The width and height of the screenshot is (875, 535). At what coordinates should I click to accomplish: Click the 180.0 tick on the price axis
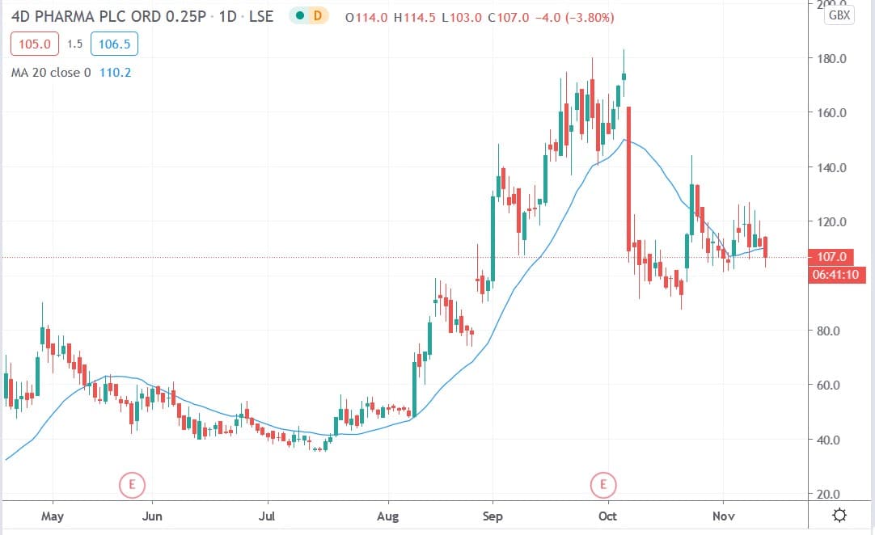coord(833,59)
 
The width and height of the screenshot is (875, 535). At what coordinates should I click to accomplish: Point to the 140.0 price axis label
coord(833,168)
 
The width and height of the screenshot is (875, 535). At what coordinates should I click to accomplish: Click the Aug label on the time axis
coord(389,515)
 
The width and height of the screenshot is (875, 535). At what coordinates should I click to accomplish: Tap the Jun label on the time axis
coord(152,515)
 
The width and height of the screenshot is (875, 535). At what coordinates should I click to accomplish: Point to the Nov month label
coord(722,515)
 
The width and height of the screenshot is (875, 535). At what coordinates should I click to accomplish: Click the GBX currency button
coord(839,15)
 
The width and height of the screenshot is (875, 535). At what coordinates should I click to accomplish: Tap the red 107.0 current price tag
coord(833,257)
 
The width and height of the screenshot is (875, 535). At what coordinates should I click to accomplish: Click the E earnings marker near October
coord(603,485)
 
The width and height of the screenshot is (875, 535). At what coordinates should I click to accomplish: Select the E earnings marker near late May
coord(131,485)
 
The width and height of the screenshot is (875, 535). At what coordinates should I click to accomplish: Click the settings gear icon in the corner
coord(840,515)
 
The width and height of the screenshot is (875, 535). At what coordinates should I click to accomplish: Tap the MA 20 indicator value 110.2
coord(115,73)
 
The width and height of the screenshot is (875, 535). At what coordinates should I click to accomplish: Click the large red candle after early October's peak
coord(628,177)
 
